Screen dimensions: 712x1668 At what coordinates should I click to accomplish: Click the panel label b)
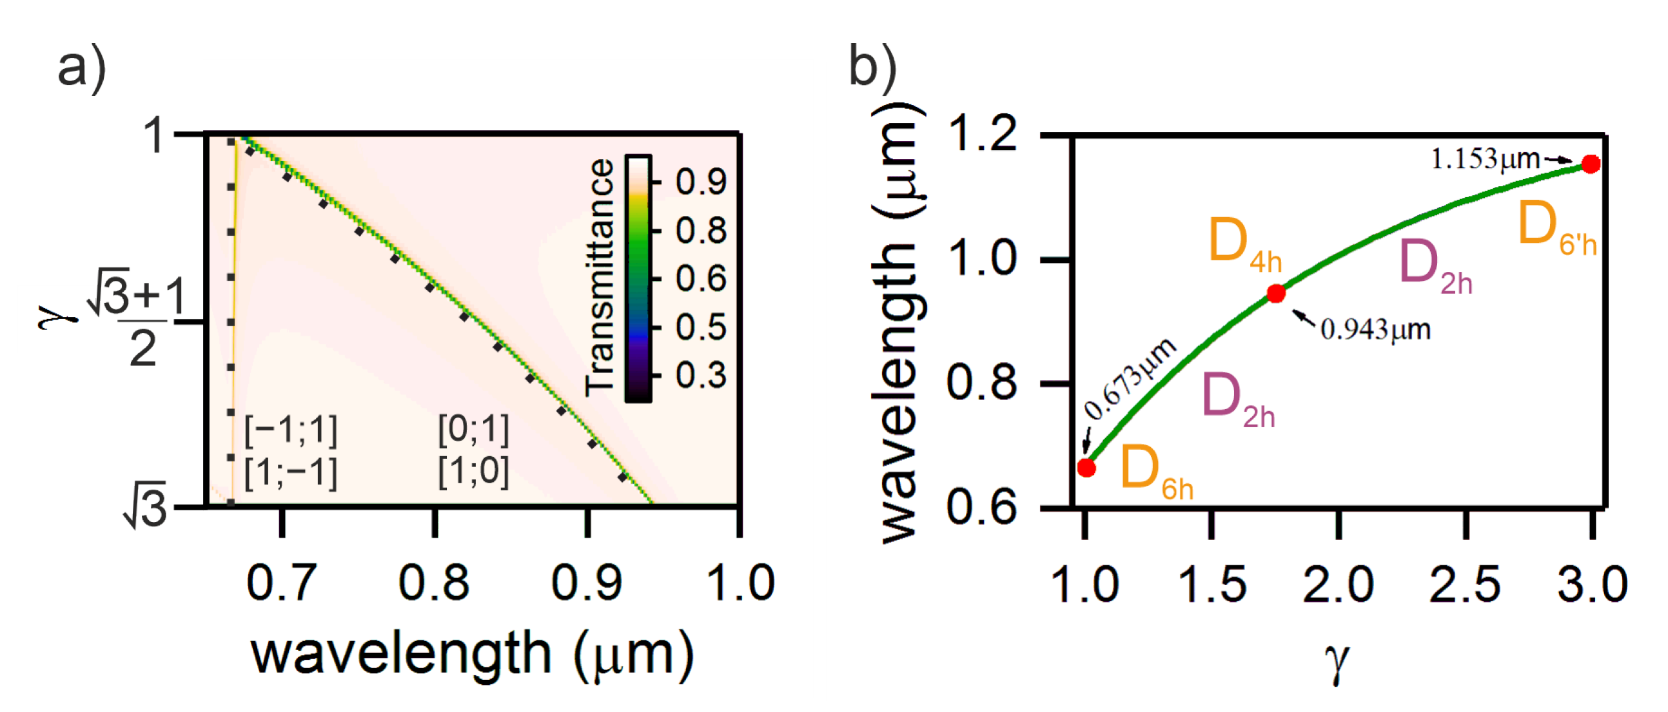(x=872, y=66)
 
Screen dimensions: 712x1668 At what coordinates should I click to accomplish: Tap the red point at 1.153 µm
(x=1590, y=164)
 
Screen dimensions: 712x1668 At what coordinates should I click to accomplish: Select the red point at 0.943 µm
(x=1275, y=293)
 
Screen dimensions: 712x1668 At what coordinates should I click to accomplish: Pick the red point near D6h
(x=1086, y=467)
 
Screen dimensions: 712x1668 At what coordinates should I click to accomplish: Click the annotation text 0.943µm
(x=1375, y=329)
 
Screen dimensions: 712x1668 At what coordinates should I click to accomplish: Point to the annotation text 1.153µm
(x=1485, y=159)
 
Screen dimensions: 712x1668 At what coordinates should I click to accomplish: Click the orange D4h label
(x=1244, y=244)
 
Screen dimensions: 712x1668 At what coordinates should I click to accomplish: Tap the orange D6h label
(x=1156, y=470)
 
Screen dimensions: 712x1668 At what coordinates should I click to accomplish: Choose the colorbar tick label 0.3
(x=701, y=376)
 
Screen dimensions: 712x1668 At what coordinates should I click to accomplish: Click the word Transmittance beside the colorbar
(x=600, y=277)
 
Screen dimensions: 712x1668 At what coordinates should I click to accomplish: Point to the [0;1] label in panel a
(x=473, y=429)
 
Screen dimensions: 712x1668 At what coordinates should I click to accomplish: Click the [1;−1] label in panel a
(x=291, y=472)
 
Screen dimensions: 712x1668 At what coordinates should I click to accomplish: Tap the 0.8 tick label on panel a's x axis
(x=433, y=582)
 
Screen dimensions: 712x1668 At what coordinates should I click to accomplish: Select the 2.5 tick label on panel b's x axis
(x=1465, y=584)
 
